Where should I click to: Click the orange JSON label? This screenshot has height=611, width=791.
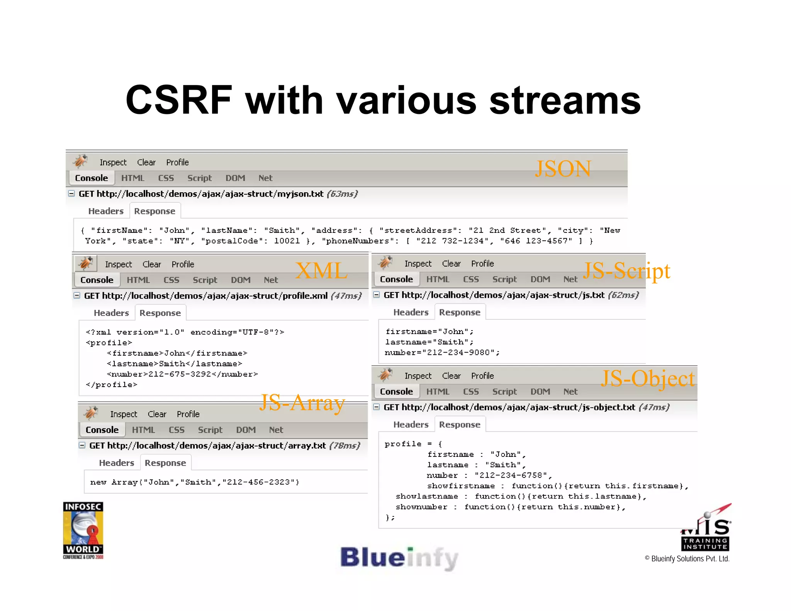(x=563, y=169)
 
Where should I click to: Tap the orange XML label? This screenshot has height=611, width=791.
(x=321, y=270)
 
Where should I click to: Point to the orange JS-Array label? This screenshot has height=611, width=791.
(x=302, y=403)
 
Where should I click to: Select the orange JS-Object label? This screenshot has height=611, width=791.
(x=648, y=378)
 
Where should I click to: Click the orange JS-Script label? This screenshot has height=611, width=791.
(x=626, y=271)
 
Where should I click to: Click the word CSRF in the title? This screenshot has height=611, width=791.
(x=178, y=100)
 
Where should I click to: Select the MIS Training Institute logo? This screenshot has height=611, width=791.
(x=706, y=530)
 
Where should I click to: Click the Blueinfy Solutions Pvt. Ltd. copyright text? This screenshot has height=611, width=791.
(x=687, y=559)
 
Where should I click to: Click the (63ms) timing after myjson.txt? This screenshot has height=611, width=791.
(x=342, y=194)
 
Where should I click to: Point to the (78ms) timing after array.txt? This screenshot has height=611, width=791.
(x=345, y=446)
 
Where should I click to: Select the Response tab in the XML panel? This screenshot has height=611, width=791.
(x=160, y=313)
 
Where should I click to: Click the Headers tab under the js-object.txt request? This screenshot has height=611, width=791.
(x=411, y=424)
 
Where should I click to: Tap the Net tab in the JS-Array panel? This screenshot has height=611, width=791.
(x=276, y=430)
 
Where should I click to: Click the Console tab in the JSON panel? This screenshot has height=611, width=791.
(x=92, y=178)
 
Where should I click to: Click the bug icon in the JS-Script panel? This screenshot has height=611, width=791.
(x=385, y=263)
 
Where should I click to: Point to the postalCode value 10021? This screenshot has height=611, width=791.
(x=287, y=241)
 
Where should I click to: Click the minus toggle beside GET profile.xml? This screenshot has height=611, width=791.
(x=77, y=295)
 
